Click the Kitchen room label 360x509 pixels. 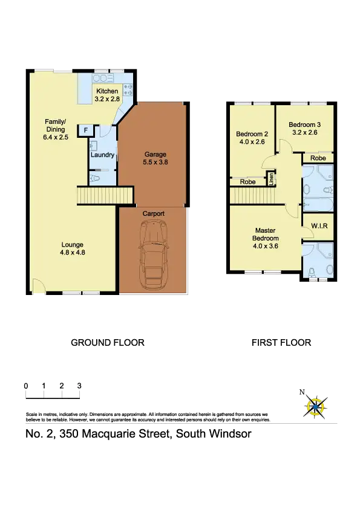(107, 92)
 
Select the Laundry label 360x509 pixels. (102, 155)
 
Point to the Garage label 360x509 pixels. (155, 154)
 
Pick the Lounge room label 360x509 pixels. (73, 245)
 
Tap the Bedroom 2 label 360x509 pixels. (252, 134)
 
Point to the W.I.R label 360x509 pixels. (319, 226)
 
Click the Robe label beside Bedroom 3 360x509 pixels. (318, 158)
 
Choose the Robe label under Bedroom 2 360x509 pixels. (247, 181)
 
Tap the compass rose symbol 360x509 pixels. (315, 405)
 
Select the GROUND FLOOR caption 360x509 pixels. (108, 343)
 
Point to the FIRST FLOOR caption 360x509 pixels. (282, 343)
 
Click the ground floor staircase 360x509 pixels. (105, 196)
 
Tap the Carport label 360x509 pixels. (153, 213)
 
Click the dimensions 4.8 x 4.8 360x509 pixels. (73, 253)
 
